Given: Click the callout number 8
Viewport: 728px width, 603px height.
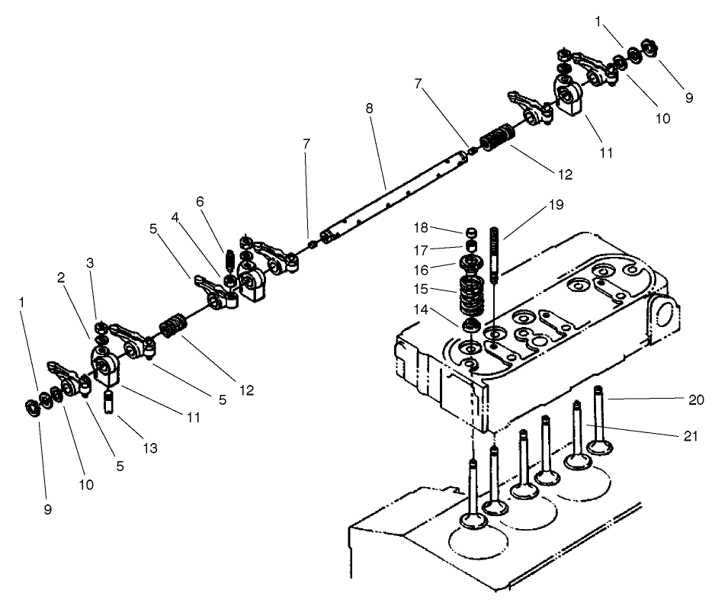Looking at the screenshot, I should pyautogui.click(x=369, y=108).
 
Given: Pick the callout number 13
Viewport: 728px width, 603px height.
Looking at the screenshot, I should pyautogui.click(x=150, y=449).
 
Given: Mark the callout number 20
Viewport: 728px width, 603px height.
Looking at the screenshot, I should pyautogui.click(x=697, y=399).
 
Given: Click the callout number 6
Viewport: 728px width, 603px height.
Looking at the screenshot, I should pyautogui.click(x=200, y=201).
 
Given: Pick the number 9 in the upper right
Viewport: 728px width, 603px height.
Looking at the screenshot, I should pyautogui.click(x=689, y=98).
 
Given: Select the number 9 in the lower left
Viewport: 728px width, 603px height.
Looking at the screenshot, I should pyautogui.click(x=47, y=510).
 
